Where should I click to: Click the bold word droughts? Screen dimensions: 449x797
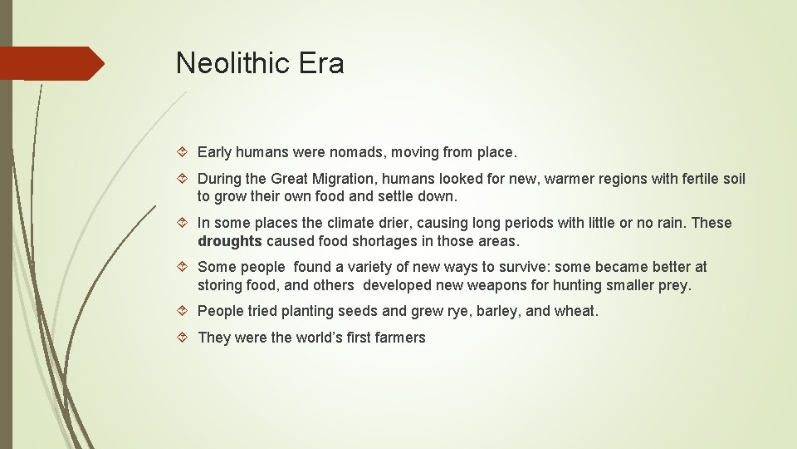230,241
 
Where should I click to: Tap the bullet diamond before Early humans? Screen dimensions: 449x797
184,153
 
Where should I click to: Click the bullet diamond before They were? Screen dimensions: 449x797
184,338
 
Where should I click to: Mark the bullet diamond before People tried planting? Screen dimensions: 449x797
184,311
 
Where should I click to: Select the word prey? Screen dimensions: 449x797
675,285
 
